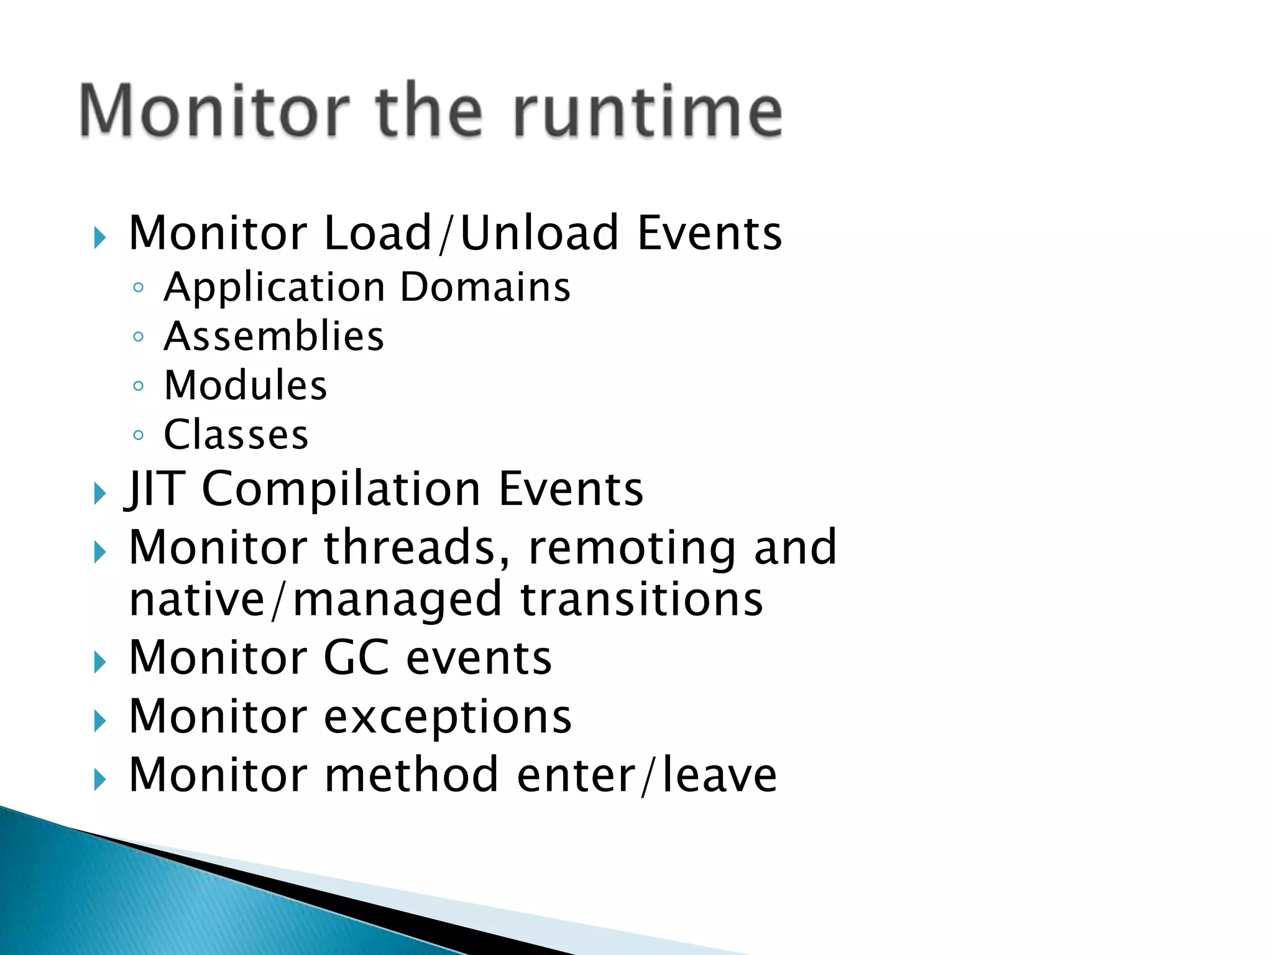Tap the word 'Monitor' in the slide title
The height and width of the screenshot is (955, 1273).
215,111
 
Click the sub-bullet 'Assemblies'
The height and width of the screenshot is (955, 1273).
273,336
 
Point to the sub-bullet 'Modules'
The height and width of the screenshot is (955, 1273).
245,385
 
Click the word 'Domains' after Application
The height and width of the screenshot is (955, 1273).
485,287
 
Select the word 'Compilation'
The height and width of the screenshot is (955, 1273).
341,489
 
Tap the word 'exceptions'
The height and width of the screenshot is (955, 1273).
448,717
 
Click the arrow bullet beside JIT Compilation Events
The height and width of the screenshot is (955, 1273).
99,494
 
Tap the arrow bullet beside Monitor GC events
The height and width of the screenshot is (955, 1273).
99,663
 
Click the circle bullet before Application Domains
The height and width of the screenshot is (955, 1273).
139,288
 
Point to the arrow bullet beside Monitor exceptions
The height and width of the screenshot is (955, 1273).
99,721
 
